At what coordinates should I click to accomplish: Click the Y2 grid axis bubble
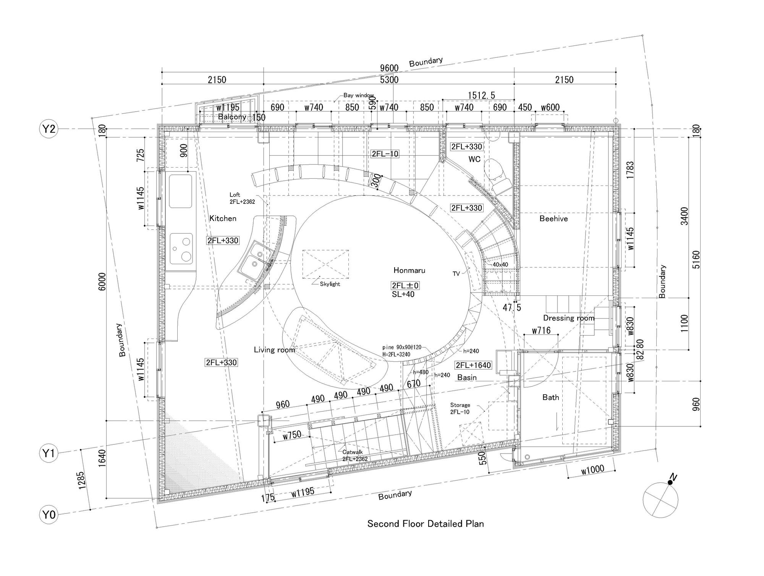[x=49, y=129]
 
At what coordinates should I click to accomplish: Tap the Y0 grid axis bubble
[x=49, y=515]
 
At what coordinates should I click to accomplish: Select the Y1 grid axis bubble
[x=49, y=453]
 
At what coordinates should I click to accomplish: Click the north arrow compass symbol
[x=660, y=499]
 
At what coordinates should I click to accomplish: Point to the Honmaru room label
[x=409, y=271]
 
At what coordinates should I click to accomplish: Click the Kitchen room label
[x=223, y=218]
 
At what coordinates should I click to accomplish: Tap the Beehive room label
[x=554, y=219]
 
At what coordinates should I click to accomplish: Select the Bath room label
[x=550, y=397]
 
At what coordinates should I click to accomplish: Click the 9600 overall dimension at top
[x=389, y=68]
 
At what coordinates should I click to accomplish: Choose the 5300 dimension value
[x=389, y=80]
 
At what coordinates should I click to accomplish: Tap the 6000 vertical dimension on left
[x=102, y=282]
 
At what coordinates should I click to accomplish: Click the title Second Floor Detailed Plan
[x=426, y=523]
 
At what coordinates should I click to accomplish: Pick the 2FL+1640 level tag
[x=473, y=365]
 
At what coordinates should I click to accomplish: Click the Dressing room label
[x=568, y=318]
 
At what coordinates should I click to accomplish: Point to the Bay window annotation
[x=359, y=95]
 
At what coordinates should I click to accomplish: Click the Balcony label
[x=232, y=117]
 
